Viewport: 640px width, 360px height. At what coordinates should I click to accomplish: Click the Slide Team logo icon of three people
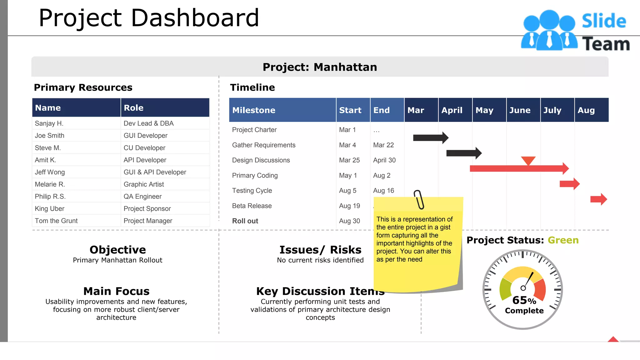549,31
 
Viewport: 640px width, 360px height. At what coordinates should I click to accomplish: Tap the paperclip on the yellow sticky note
419,199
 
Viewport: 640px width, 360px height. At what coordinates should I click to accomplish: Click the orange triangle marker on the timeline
528,161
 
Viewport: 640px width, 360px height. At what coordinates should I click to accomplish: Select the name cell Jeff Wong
50,172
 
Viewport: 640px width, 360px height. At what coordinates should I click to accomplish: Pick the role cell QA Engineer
142,197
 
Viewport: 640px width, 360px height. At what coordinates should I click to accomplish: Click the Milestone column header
254,110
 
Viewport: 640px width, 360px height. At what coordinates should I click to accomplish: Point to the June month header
520,110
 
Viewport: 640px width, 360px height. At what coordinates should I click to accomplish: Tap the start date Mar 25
349,160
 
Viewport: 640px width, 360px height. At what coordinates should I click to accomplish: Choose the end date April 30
384,160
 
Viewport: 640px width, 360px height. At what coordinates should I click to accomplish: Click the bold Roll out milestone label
245,221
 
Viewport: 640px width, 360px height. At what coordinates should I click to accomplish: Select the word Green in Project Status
563,240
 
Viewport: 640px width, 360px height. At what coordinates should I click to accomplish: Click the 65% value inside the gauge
524,301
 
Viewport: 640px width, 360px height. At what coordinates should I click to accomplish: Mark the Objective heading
117,250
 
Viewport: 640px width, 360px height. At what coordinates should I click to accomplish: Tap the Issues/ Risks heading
320,250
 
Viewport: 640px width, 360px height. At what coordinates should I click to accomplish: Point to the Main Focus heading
116,291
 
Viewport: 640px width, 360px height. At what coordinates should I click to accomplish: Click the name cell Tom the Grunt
56,221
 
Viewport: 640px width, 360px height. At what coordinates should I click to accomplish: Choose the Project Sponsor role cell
147,209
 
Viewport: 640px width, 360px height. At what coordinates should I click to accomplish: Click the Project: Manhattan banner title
320,67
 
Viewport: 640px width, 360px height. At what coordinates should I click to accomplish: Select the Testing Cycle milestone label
252,191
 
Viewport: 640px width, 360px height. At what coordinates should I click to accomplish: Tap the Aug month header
586,110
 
